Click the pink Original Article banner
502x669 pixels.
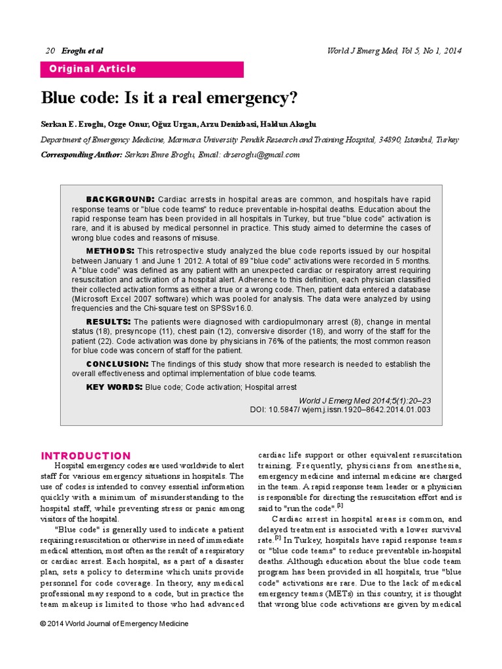(142, 69)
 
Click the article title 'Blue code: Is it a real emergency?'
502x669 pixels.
(169, 98)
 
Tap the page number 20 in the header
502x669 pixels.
(51, 51)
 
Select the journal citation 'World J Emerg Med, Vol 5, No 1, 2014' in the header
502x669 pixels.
(393, 51)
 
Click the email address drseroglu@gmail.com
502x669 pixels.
(261, 155)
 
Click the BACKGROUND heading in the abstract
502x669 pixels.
(120, 199)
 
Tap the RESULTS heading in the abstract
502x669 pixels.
(109, 321)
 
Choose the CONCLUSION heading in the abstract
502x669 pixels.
(117, 363)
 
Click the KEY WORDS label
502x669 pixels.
(114, 387)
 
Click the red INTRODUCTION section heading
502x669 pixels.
(86, 456)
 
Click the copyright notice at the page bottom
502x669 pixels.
(114, 624)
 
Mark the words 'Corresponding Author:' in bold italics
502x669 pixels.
(81, 155)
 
